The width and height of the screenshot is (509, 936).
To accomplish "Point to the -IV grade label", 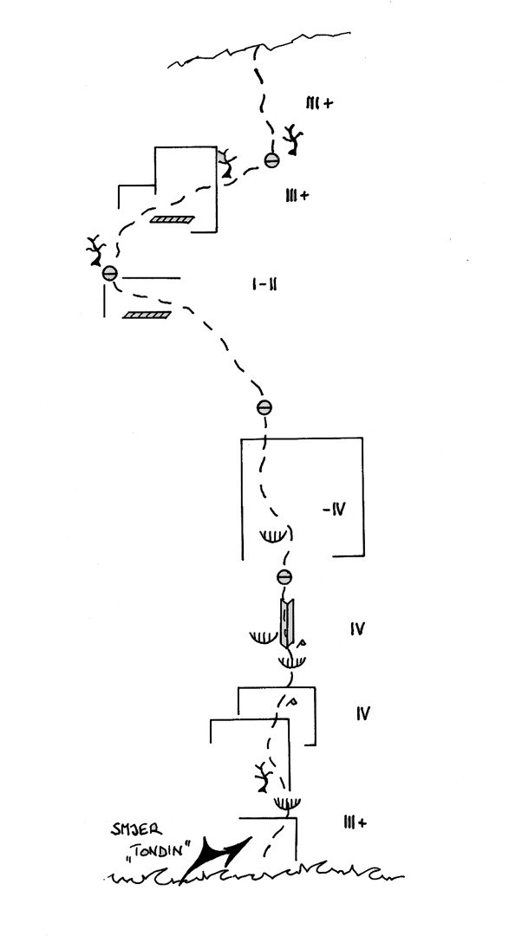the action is coord(333,510).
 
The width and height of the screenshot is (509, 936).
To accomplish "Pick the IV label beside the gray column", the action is coord(356,628).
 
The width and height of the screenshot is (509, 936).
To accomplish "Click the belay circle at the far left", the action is coord(110,273).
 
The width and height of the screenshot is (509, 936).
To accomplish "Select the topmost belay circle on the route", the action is coord(271,159).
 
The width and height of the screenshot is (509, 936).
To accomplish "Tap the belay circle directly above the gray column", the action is coord(285,576).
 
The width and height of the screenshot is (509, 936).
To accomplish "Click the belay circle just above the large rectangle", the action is coord(264,407).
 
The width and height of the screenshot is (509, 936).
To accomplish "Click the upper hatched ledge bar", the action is coord(172,219).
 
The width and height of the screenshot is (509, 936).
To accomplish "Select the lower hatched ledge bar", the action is coord(147,315).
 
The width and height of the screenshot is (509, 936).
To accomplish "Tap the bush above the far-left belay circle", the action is coord(95,251).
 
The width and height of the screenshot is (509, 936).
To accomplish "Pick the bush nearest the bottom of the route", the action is coord(263,777).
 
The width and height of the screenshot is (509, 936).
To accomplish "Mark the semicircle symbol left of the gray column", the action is coord(264,638).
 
